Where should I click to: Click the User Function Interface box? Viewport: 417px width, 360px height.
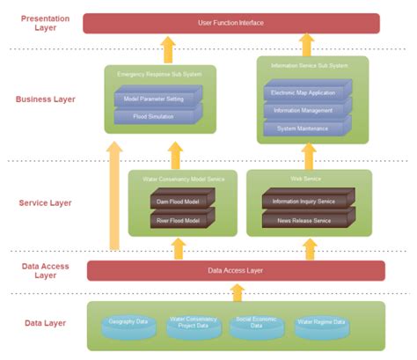tap(230, 23)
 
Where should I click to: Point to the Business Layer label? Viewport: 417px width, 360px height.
tap(46, 99)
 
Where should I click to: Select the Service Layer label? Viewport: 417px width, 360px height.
tap(45, 203)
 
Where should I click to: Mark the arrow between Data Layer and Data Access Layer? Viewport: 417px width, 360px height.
tap(235, 291)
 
